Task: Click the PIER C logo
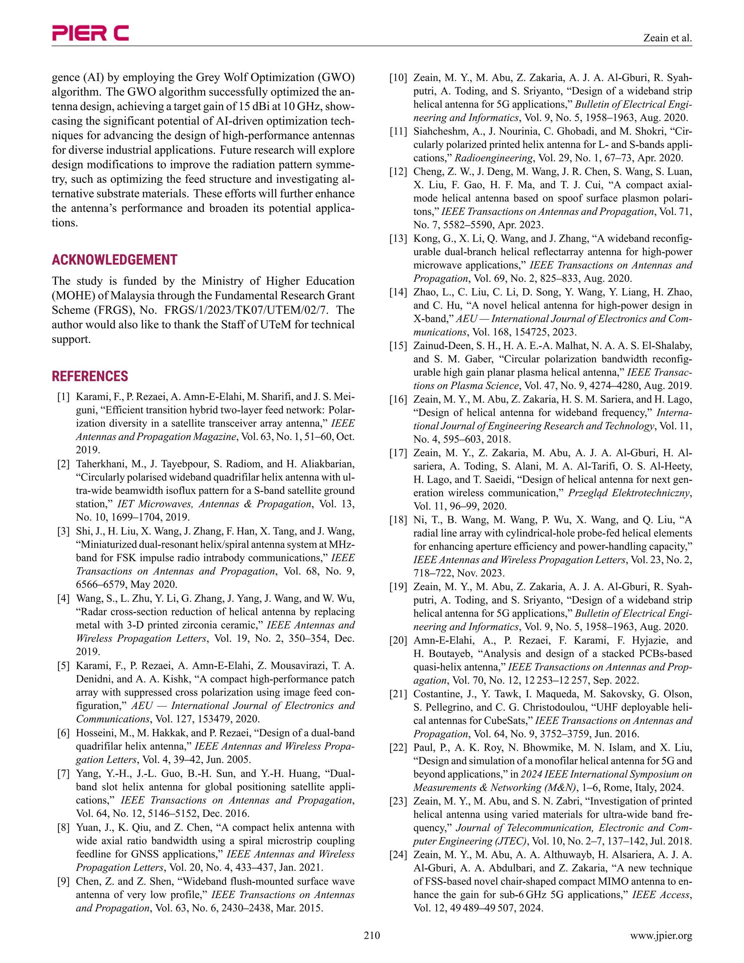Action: click(x=90, y=33)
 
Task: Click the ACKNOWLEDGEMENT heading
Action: click(x=114, y=260)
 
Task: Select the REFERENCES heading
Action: click(x=90, y=376)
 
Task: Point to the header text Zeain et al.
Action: click(x=668, y=38)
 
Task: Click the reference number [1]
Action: click(x=64, y=397)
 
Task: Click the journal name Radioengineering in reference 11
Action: click(x=494, y=158)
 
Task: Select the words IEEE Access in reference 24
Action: click(x=661, y=895)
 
